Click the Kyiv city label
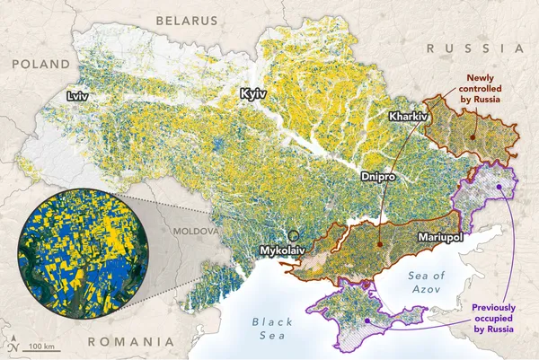254,93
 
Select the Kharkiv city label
408,117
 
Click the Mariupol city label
440,238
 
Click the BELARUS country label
186,20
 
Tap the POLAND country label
40,64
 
